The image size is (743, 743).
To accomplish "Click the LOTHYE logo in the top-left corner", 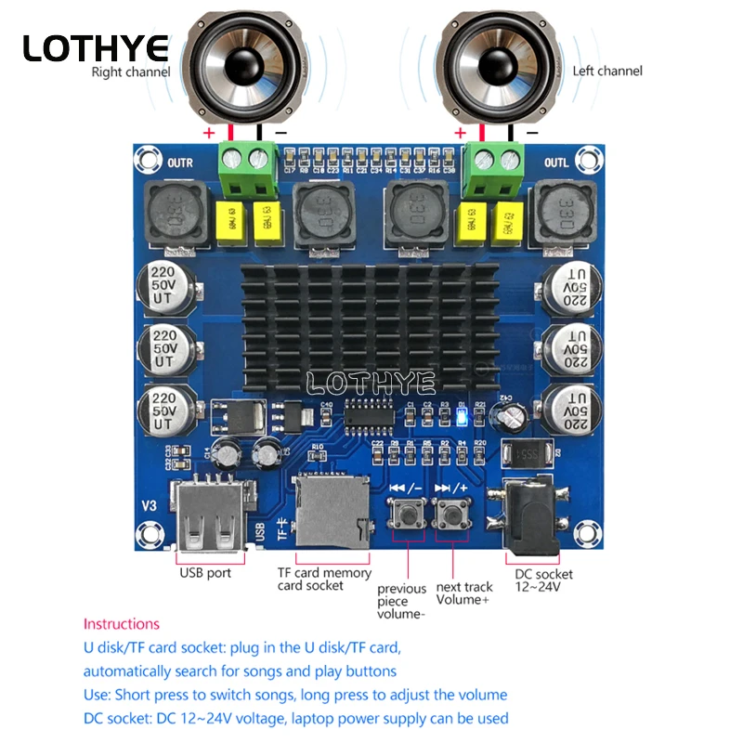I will coord(96,47).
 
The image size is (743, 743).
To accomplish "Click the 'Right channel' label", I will coord(130,72).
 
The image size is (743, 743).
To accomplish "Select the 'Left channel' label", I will coord(607,71).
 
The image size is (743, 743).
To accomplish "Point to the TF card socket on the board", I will coord(331,513).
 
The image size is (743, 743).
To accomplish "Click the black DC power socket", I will coord(530,519).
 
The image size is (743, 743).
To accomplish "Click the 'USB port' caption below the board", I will coord(205,573).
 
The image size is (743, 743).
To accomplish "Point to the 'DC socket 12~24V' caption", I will coord(543,580).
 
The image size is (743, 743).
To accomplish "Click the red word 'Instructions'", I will coord(122,624).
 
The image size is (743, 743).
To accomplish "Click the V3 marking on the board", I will coord(149,505).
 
